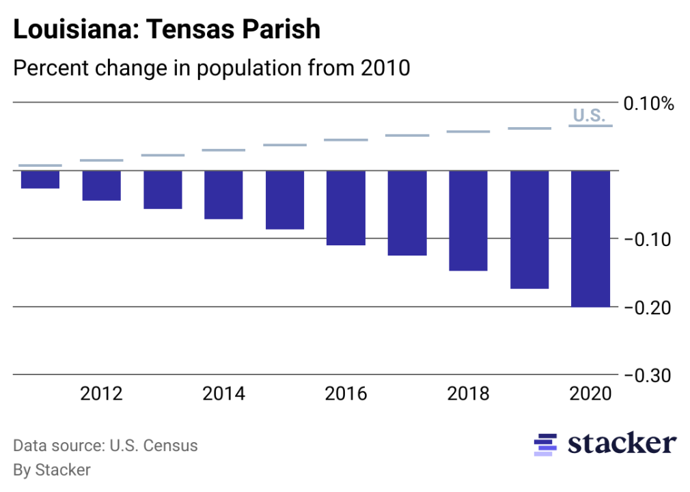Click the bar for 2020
pos(591,238)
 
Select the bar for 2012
pos(102,185)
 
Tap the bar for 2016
pos(346,208)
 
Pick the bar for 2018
pos(468,221)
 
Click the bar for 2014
pos(223,195)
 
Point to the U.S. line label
pos(589,115)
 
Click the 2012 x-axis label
pos(102,394)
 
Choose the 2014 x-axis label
pos(223,394)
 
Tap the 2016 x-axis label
pos(346,394)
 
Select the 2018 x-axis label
pos(468,394)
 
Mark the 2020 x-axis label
pos(591,394)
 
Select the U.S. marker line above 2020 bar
pos(591,126)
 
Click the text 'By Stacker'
pos(52,470)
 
